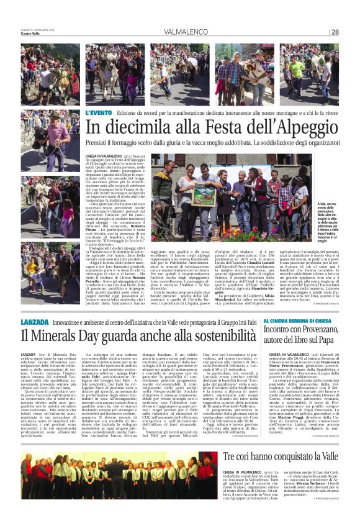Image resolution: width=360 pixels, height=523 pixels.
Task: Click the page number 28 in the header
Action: pyautogui.click(x=335, y=32)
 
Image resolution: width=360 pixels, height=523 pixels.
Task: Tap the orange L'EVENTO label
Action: pyautogui.click(x=98, y=112)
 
